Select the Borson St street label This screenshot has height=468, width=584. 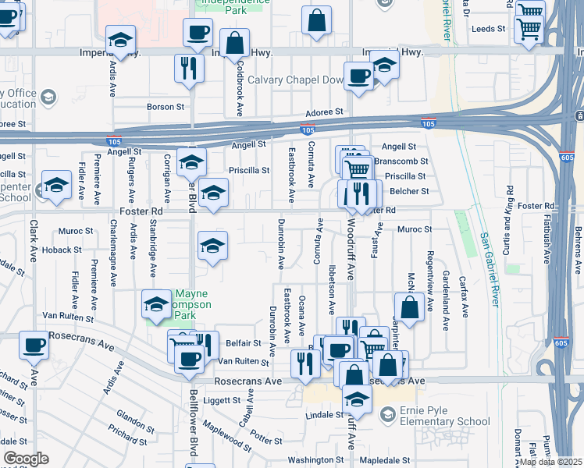point(166,107)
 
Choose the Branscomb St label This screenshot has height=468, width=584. point(401,161)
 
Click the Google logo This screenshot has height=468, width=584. point(26,458)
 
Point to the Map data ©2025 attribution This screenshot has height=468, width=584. point(550,461)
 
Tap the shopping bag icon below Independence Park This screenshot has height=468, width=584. point(234,44)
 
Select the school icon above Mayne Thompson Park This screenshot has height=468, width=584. point(156,304)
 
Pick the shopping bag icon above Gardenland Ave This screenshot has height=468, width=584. point(409,307)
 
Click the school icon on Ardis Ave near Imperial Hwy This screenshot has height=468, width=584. point(121,39)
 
